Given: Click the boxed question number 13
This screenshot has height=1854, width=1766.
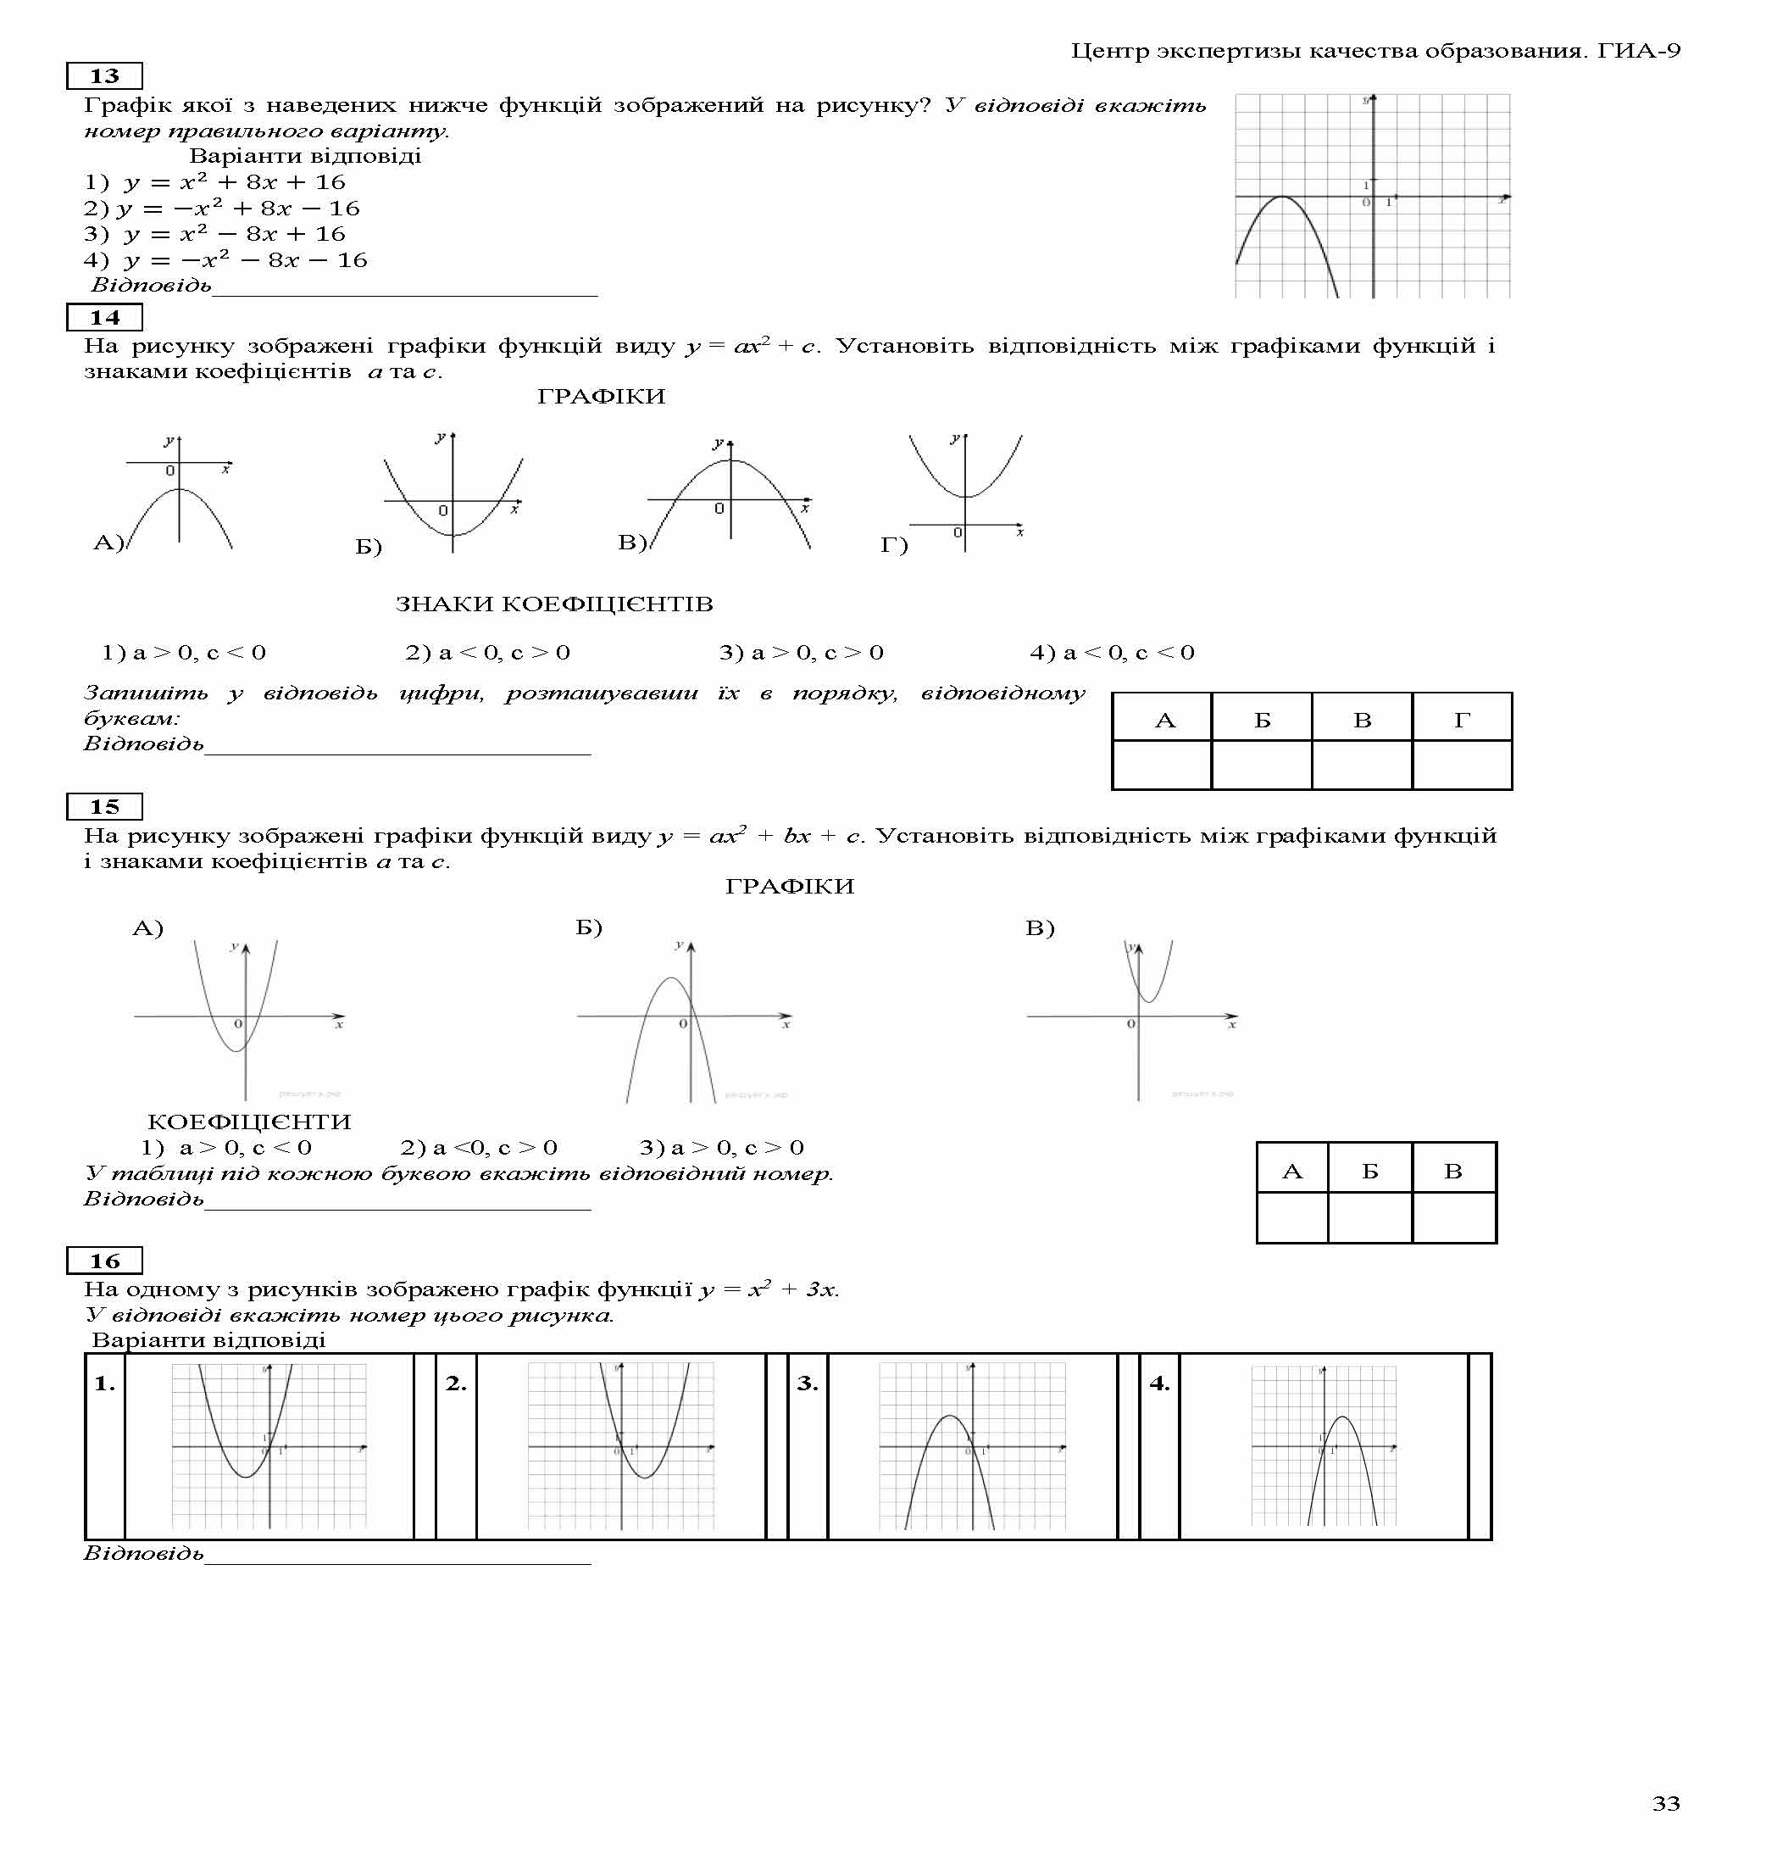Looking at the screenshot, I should [103, 76].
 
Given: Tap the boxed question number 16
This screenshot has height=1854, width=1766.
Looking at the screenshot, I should [103, 1261].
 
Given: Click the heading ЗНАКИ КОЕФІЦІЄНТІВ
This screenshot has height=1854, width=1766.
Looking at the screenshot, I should [553, 604].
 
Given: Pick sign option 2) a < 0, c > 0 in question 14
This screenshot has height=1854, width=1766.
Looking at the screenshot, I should [487, 653].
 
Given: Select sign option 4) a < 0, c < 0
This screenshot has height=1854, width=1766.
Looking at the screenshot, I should [1112, 653].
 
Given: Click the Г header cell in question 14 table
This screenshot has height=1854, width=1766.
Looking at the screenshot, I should [1462, 721].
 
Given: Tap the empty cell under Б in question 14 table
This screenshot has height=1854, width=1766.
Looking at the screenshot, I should [1262, 765].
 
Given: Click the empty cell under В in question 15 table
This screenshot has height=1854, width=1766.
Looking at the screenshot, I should [1453, 1217].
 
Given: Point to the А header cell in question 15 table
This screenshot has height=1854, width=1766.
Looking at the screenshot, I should [1291, 1172].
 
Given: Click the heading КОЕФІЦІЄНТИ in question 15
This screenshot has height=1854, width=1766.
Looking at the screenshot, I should [249, 1122].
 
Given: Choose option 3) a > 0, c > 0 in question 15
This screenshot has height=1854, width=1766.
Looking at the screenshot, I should [721, 1147].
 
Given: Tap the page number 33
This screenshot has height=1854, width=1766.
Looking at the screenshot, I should [1665, 1803].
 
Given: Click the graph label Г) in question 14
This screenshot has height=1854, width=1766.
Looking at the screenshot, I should [893, 544].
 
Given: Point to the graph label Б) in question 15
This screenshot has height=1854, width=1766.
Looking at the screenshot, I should [588, 927].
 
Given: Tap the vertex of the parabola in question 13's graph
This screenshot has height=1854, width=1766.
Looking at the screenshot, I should [1282, 196].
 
